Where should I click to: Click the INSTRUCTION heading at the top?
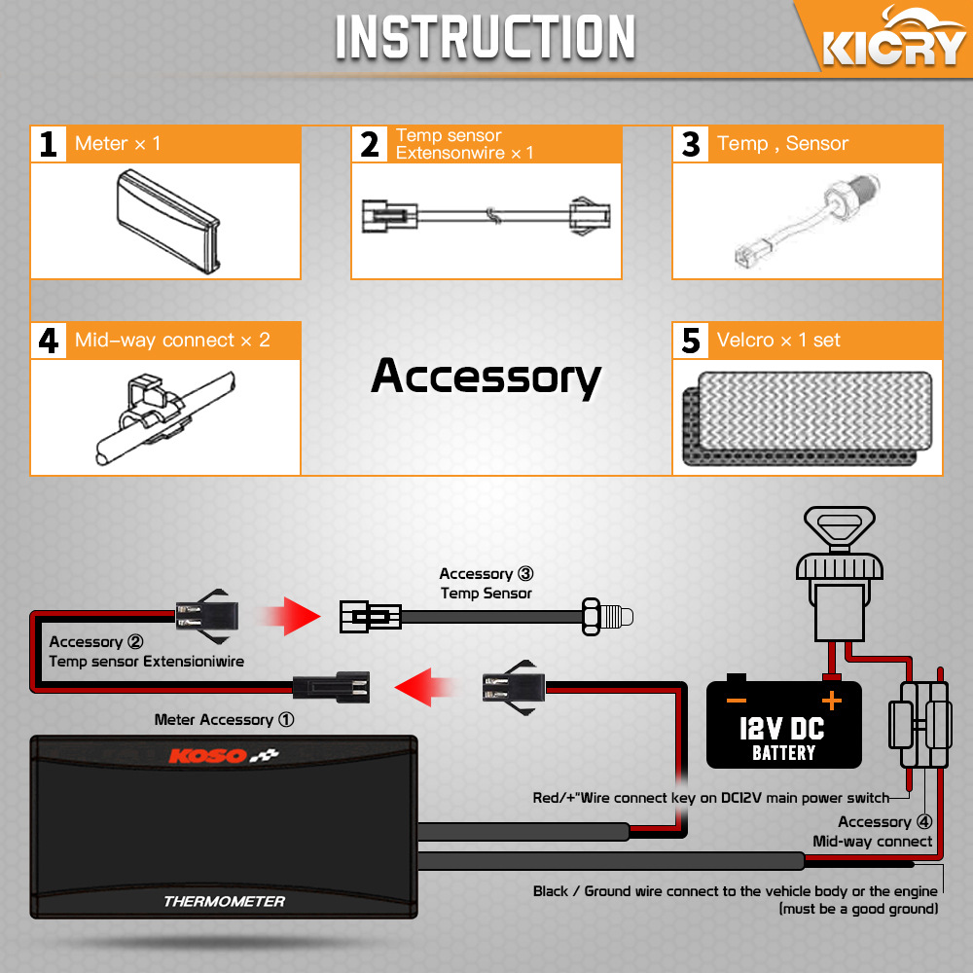tap(486, 37)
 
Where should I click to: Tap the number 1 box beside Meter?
tap(49, 145)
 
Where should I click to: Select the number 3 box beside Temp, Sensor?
tap(691, 145)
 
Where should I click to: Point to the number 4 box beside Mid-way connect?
tap(49, 341)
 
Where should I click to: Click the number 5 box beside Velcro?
tap(691, 341)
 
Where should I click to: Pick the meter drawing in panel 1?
tap(167, 222)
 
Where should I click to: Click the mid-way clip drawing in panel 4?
tap(165, 417)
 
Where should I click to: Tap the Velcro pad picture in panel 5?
tap(808, 417)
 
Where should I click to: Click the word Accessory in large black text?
tap(486, 377)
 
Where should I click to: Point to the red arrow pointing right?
tap(290, 616)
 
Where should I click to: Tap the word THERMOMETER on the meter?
tap(224, 901)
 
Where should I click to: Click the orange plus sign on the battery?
tap(832, 701)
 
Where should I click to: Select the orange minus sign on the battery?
tap(736, 701)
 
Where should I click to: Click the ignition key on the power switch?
tap(840, 528)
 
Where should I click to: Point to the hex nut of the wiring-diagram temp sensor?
tap(592, 616)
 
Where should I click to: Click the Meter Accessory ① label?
tap(224, 720)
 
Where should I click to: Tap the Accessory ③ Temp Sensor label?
tap(486, 583)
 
